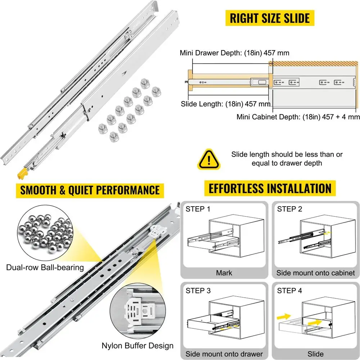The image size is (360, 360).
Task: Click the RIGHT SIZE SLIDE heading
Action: [270, 18]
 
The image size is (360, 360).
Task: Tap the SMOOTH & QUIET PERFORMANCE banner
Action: [90, 190]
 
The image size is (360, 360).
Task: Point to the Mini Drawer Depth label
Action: [234, 53]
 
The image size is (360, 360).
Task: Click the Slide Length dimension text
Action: [226, 104]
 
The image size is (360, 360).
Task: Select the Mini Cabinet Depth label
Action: [298, 117]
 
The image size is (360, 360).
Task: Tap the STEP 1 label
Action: [198, 209]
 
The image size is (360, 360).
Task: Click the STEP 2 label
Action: [289, 209]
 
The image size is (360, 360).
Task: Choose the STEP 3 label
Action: [198, 290]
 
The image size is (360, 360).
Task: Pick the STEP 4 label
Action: [289, 290]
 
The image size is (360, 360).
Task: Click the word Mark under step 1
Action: [224, 273]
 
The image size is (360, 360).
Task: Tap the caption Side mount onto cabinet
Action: [316, 273]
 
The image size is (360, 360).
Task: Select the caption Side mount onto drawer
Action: [224, 354]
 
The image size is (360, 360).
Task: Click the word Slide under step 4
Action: [316, 354]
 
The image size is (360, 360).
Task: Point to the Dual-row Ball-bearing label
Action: [45, 267]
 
